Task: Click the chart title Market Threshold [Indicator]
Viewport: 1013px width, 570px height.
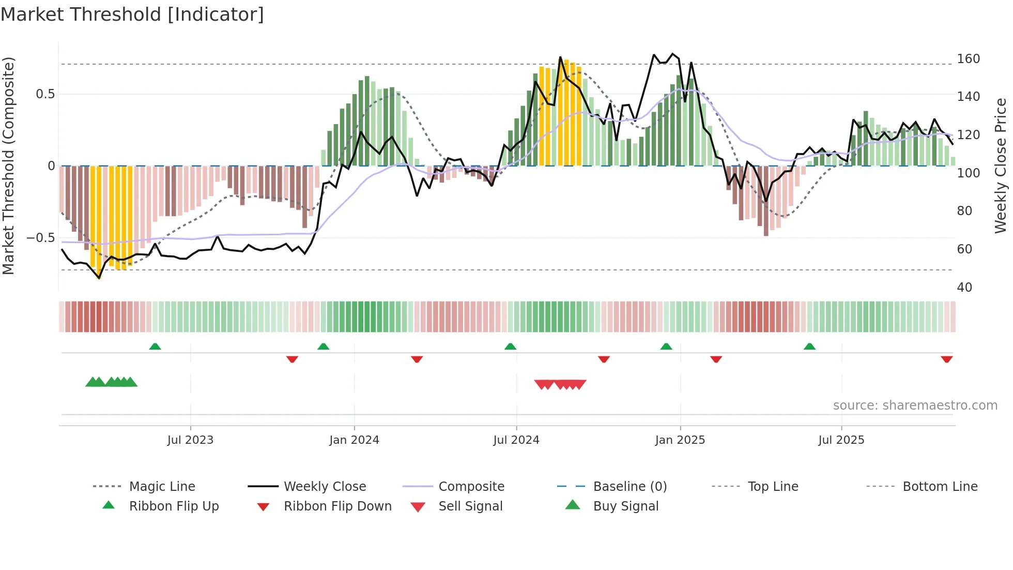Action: coord(132,14)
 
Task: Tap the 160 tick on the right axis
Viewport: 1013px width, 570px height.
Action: coord(968,58)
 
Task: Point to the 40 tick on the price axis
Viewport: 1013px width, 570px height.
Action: coord(964,287)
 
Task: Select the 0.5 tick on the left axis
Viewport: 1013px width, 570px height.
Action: coord(45,94)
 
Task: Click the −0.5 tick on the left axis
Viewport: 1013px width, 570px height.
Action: coord(41,238)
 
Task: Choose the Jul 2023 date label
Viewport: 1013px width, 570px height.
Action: coord(190,440)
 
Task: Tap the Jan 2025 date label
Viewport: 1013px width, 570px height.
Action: coord(680,440)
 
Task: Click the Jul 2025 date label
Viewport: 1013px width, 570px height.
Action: coord(841,440)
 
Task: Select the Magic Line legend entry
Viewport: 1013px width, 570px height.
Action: coord(162,487)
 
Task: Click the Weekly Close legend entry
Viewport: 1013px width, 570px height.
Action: coord(325,487)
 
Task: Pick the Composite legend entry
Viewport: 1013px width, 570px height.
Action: coord(471,487)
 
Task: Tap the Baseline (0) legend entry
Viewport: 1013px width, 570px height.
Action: coord(630,487)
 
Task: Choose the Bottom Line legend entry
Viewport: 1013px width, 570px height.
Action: coord(940,487)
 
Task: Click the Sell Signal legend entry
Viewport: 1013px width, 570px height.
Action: coord(470,506)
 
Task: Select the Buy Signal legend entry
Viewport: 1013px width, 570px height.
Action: coord(625,506)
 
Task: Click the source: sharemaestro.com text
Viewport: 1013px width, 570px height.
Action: coord(915,406)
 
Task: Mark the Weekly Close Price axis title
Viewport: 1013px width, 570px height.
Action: coord(1001,166)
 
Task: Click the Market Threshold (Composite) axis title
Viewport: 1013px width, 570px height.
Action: coord(8,166)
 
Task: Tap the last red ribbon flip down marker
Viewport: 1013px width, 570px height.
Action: coord(946,359)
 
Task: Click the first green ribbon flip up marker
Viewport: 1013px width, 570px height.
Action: coord(155,347)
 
